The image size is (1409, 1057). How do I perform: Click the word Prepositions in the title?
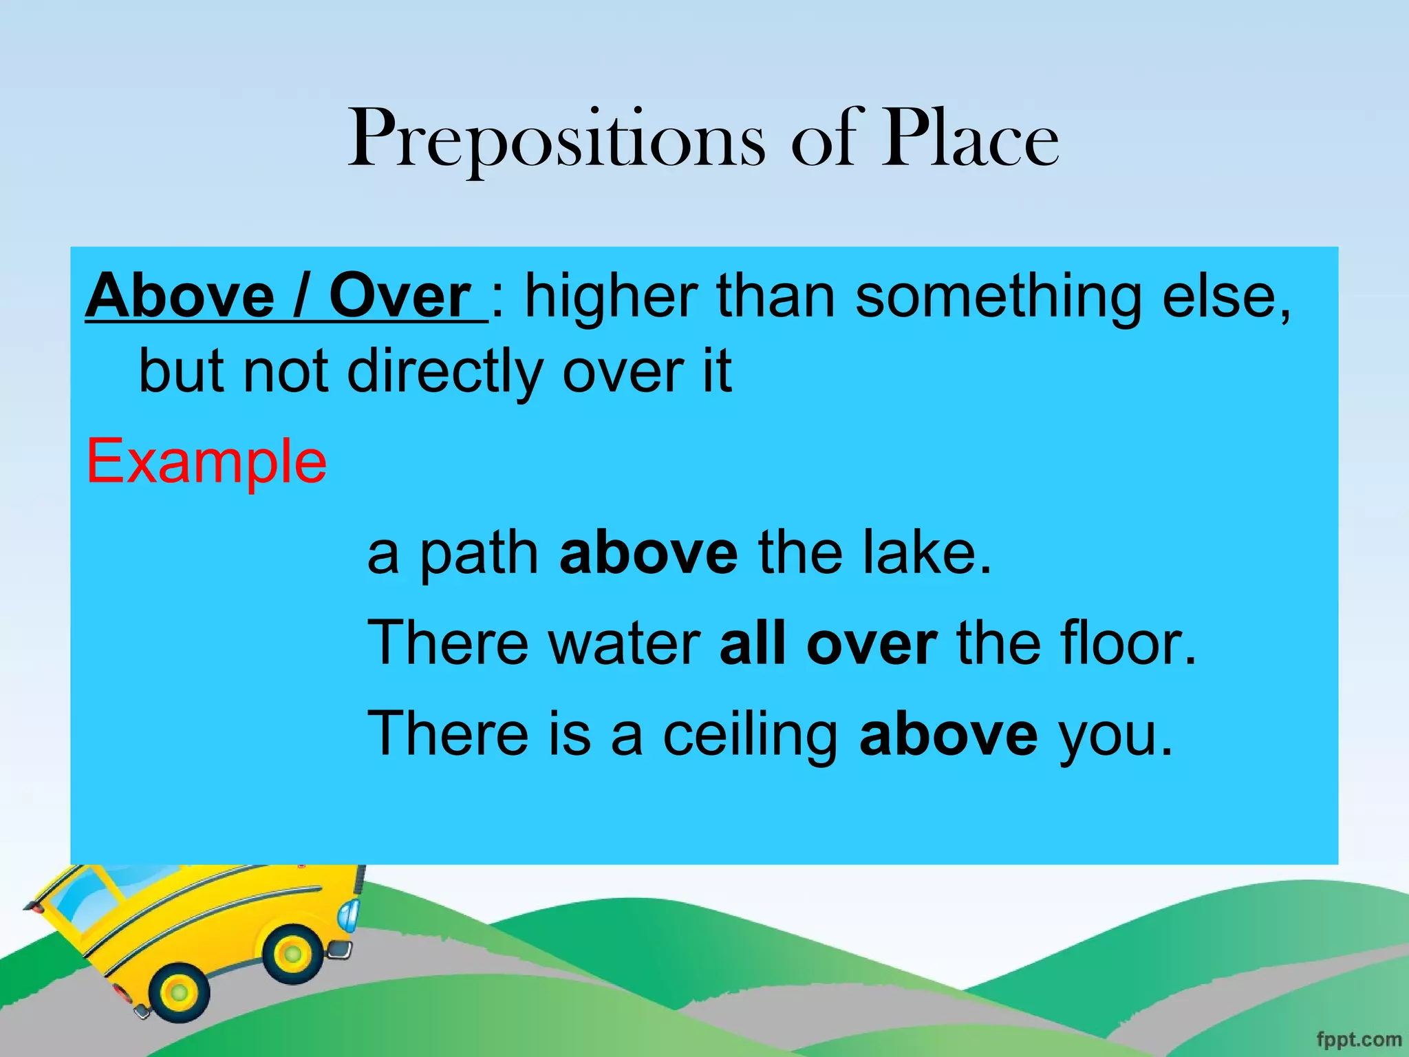[x=556, y=141]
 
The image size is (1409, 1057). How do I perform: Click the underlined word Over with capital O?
[x=400, y=297]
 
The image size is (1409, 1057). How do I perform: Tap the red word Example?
[x=206, y=461]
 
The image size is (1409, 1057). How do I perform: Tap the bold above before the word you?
[x=949, y=734]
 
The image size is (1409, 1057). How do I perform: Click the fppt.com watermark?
[x=1358, y=1039]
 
